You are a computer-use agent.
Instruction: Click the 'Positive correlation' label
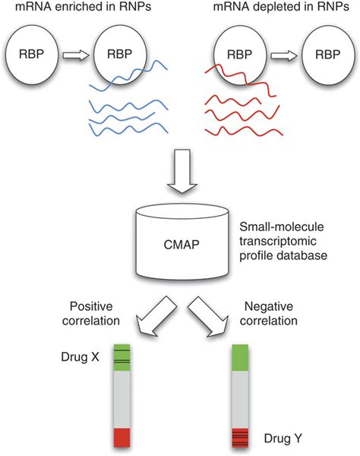[90, 312]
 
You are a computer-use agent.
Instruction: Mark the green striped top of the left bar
[122, 358]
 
